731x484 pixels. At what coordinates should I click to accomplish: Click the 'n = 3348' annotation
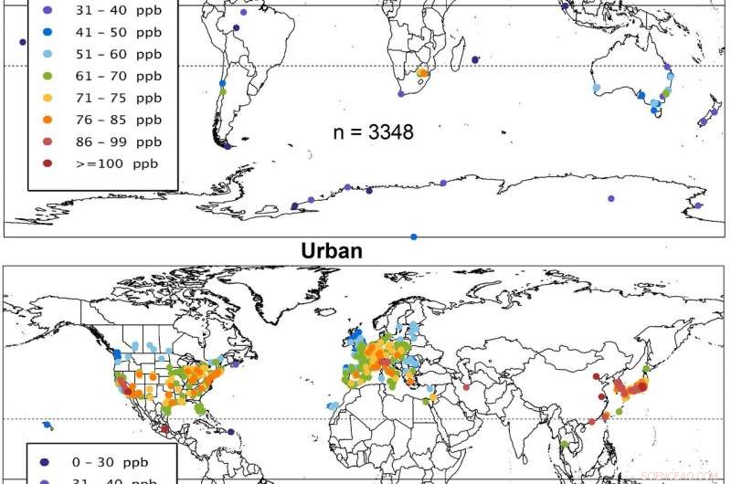(x=372, y=132)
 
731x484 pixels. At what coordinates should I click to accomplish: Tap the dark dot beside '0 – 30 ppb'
(x=48, y=462)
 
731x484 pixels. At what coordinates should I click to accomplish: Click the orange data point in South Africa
(x=421, y=73)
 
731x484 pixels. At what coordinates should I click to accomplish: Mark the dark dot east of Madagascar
(x=476, y=60)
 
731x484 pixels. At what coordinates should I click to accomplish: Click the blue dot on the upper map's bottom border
(x=414, y=237)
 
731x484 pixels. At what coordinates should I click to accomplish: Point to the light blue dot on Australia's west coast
(x=597, y=89)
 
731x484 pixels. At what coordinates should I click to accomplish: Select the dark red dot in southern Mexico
(x=165, y=428)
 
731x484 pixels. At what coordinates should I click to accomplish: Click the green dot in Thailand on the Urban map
(x=567, y=445)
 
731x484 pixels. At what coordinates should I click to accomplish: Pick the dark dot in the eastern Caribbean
(x=231, y=432)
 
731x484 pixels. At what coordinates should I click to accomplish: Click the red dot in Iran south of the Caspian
(x=467, y=386)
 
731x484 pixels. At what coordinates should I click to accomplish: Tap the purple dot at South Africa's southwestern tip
(x=400, y=94)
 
